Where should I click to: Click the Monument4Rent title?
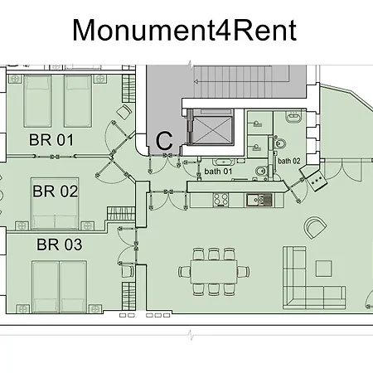click(x=184, y=30)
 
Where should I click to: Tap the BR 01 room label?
click(x=51, y=140)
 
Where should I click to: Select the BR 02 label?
click(x=56, y=191)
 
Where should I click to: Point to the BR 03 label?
click(x=60, y=245)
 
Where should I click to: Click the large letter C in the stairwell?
click(x=164, y=141)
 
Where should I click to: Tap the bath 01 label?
click(x=218, y=172)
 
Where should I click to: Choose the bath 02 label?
click(x=289, y=161)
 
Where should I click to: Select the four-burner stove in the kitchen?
click(x=220, y=200)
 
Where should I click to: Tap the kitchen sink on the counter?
click(x=259, y=200)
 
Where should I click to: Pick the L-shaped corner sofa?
click(x=314, y=278)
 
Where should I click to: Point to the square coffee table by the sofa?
click(x=324, y=269)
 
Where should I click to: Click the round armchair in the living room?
click(x=315, y=228)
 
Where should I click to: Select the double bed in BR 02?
click(x=56, y=204)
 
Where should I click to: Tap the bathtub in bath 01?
click(x=224, y=162)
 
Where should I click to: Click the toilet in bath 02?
click(x=280, y=143)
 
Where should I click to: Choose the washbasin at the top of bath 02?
click(x=293, y=117)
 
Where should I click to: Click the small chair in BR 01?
click(x=124, y=112)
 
